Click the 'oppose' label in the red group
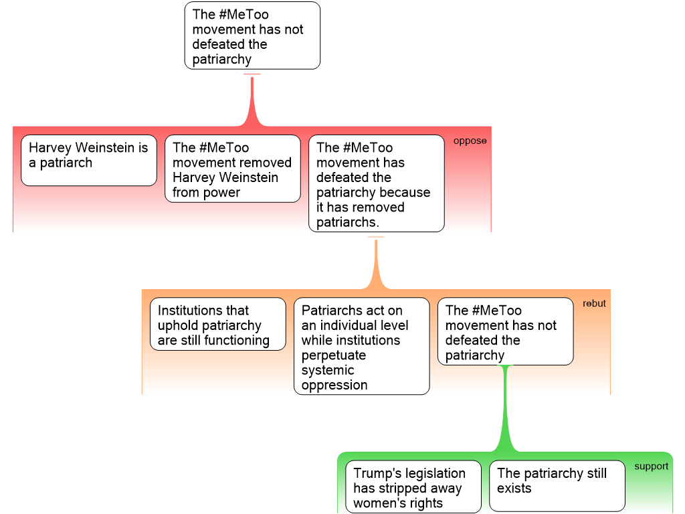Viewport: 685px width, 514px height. pyautogui.click(x=470, y=141)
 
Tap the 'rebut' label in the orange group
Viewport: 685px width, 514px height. pyautogui.click(x=594, y=303)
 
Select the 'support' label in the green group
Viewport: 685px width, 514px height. pyautogui.click(x=651, y=466)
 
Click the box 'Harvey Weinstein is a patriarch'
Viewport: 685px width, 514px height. pyautogui.click(x=89, y=161)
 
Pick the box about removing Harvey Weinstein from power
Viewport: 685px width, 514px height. pyautogui.click(x=233, y=169)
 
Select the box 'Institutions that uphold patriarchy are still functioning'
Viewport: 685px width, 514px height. pyautogui.click(x=218, y=325)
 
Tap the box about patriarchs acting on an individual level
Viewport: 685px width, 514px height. pyautogui.click(x=361, y=347)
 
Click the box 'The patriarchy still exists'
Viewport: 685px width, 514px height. pyautogui.click(x=557, y=486)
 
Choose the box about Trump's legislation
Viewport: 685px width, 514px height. pyautogui.click(x=414, y=488)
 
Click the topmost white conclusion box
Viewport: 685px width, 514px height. pyautogui.click(x=252, y=35)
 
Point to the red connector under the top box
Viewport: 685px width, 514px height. pyautogui.click(x=252, y=100)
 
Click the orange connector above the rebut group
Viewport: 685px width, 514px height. pyautogui.click(x=376, y=264)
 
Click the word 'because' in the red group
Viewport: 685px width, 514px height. pyautogui.click(x=405, y=193)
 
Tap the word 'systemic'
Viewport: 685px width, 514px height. pyautogui.click(x=328, y=370)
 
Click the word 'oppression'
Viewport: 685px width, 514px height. pyautogui.click(x=334, y=385)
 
